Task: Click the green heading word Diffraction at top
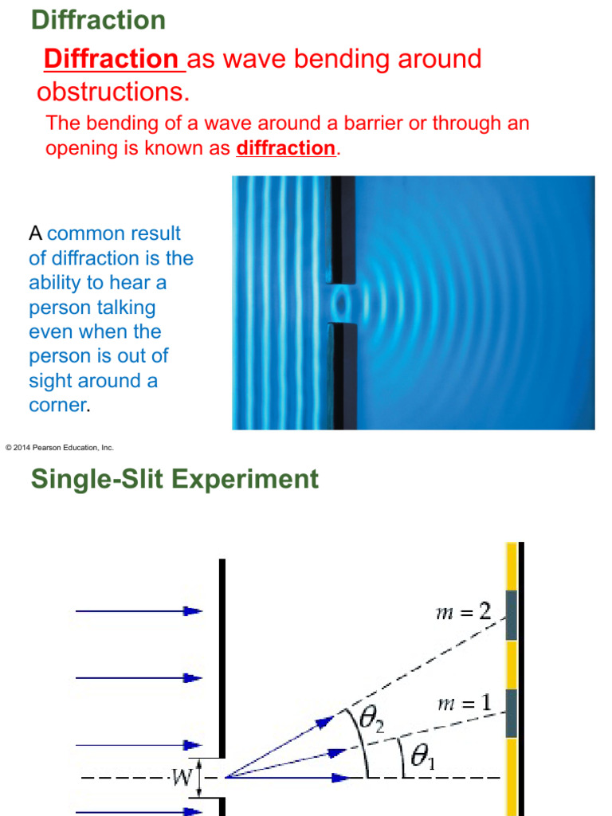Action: (98, 20)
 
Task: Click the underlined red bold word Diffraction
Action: (111, 59)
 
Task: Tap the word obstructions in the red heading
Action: (112, 92)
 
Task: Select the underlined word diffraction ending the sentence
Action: (286, 148)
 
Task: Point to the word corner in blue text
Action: (57, 405)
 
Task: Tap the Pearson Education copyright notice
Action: (60, 448)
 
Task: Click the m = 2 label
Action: (465, 611)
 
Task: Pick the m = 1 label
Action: (465, 704)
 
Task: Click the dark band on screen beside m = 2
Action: (511, 615)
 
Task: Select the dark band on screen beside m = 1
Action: (511, 713)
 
